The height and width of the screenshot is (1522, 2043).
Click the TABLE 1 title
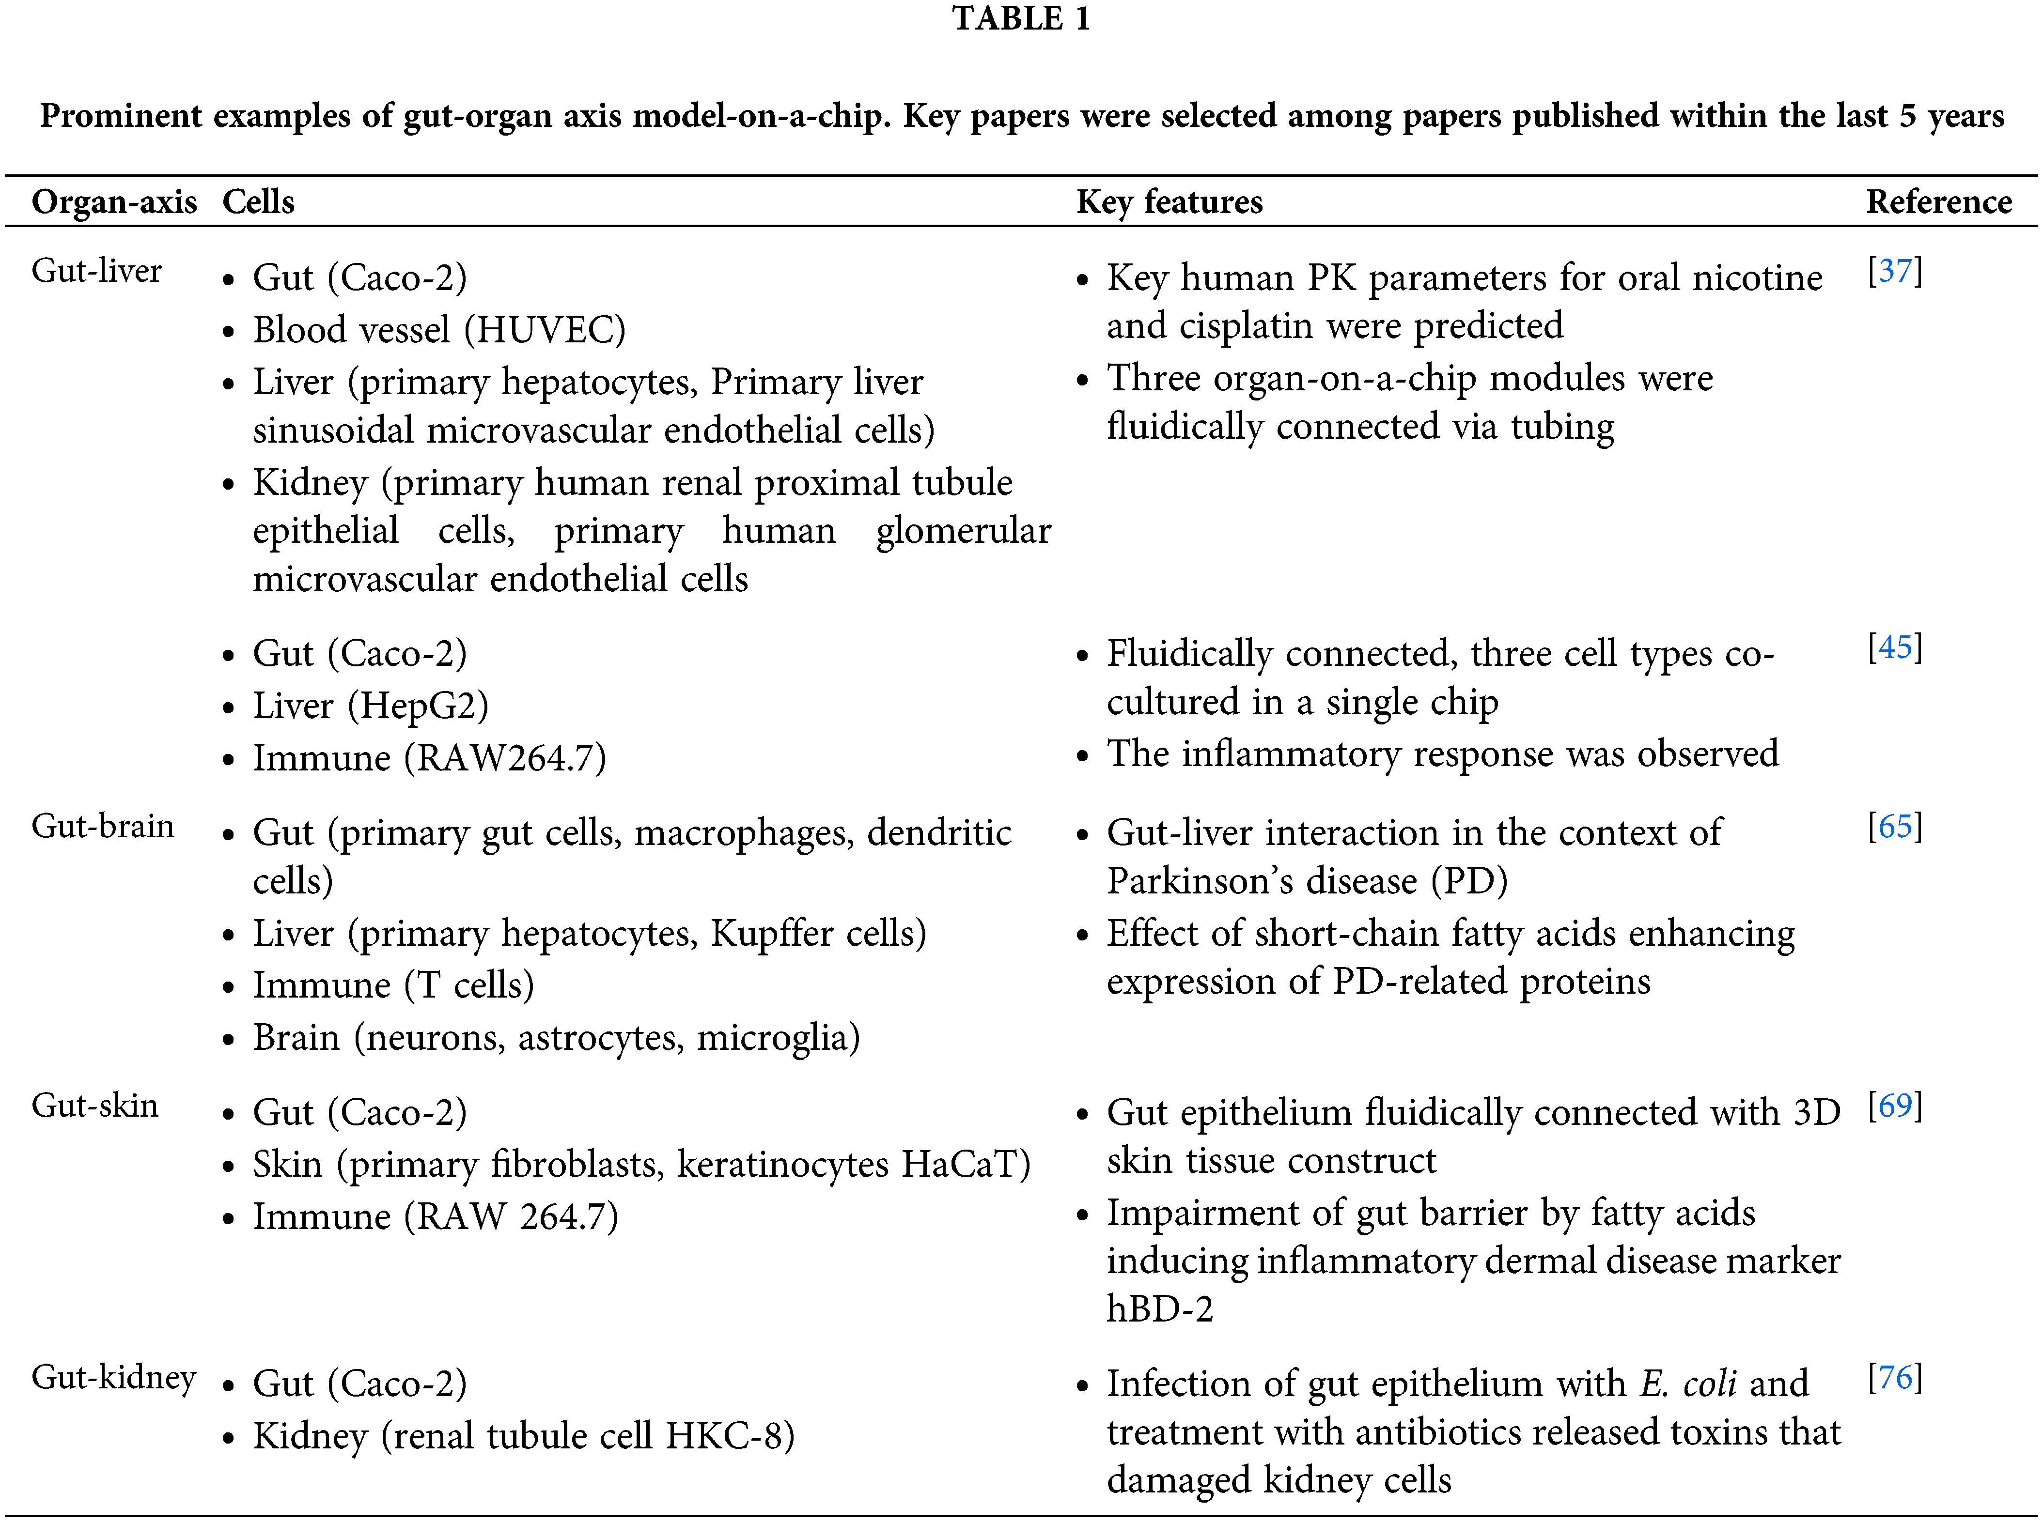(x=1021, y=18)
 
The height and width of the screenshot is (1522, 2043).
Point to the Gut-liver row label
(x=97, y=271)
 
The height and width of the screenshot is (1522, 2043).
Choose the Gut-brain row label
(x=102, y=827)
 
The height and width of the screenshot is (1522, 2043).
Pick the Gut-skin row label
(x=95, y=1106)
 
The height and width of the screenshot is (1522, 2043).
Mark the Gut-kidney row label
(x=113, y=1377)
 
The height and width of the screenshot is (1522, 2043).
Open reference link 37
(x=1895, y=271)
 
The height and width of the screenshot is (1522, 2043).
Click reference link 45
(x=1895, y=647)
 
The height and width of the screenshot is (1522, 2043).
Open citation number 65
(x=1895, y=827)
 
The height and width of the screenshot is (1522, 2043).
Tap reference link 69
(x=1895, y=1106)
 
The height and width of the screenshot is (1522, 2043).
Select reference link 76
(x=1895, y=1377)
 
